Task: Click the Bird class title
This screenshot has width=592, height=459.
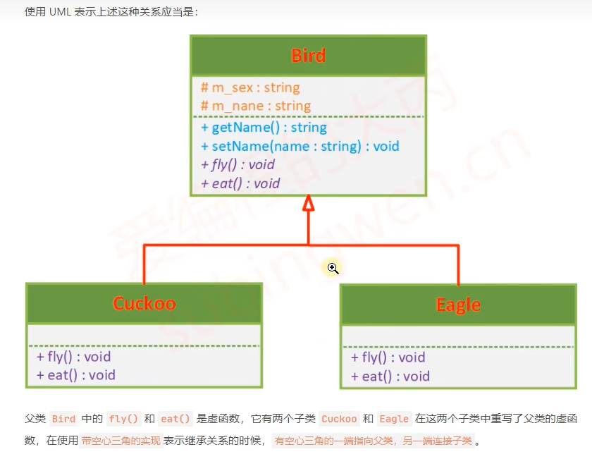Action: click(308, 56)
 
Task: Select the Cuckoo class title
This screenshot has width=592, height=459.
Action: click(144, 303)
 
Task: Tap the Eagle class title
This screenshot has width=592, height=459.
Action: click(458, 305)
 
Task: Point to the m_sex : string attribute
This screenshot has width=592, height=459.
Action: click(250, 87)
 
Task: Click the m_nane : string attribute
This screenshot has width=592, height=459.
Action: click(256, 106)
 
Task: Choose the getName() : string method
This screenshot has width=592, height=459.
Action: click(264, 128)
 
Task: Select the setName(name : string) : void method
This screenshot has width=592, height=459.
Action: click(300, 146)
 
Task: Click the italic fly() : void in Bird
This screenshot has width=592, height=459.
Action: click(238, 164)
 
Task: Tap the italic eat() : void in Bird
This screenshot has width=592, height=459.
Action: click(240, 183)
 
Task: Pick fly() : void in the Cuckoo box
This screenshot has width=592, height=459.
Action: click(73, 357)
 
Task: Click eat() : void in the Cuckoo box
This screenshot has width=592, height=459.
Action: click(75, 375)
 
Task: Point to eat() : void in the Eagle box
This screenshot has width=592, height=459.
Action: click(390, 377)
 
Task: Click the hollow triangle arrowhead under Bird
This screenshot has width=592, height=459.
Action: click(308, 204)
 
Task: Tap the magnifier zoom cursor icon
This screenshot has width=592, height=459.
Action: click(333, 268)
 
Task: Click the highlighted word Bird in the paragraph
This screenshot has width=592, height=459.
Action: click(63, 419)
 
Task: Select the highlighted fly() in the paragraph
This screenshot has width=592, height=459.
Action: click(124, 419)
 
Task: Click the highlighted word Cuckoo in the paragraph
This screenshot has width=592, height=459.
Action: click(339, 419)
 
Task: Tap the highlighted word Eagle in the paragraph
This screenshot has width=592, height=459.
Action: click(394, 419)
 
